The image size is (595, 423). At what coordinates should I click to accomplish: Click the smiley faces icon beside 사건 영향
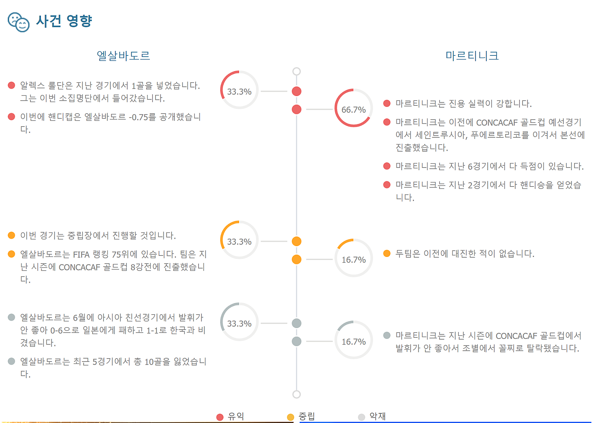(19, 22)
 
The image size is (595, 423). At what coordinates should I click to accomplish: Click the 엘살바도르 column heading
(123, 55)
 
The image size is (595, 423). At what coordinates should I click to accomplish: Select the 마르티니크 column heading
(472, 55)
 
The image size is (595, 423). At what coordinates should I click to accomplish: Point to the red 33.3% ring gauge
(223, 80)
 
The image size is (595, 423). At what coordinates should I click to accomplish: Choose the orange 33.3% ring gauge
(223, 230)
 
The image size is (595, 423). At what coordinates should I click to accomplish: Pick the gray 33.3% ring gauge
(223, 312)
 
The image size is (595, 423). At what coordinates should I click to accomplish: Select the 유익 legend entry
(230, 416)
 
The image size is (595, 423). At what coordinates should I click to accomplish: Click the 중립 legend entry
(301, 416)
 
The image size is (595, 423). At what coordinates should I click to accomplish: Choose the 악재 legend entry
(372, 416)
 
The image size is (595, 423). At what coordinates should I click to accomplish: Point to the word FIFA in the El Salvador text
(81, 255)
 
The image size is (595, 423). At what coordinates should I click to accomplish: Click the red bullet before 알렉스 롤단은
(12, 85)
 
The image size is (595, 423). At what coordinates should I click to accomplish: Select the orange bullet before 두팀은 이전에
(387, 253)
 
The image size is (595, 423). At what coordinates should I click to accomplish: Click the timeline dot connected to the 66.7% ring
(296, 109)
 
